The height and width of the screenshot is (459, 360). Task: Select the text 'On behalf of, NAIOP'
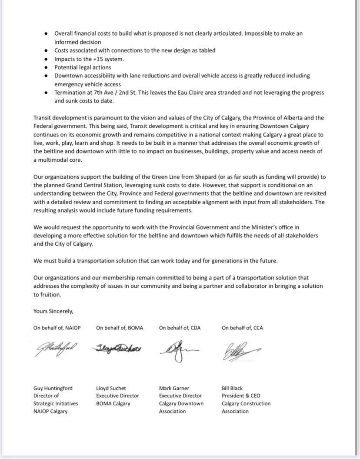point(57,328)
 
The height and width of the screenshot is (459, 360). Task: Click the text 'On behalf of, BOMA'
point(120,328)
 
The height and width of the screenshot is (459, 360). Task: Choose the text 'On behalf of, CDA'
point(180,328)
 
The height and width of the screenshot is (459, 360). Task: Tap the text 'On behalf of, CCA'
point(242,328)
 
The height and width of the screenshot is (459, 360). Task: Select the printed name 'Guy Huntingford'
point(53,388)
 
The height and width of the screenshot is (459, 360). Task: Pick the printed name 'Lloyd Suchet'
point(111,388)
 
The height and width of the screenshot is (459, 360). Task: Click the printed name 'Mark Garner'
point(174,388)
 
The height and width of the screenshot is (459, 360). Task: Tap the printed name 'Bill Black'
point(232,388)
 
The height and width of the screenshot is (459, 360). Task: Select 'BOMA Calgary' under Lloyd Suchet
point(113,403)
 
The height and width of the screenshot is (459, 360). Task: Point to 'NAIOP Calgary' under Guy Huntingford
point(50,411)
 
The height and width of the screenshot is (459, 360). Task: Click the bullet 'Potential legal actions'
point(83,67)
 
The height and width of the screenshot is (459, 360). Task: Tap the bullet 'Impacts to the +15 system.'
point(89,59)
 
